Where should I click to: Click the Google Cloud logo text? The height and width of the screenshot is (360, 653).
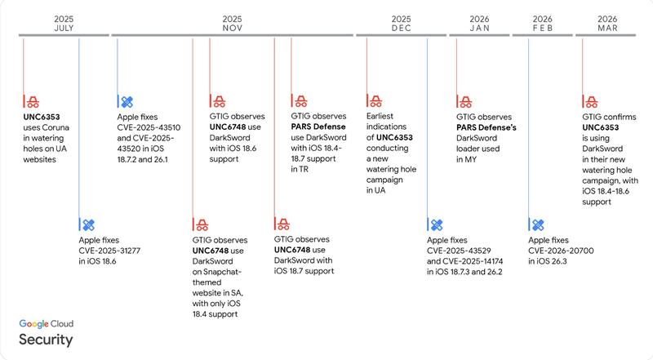pos(52,324)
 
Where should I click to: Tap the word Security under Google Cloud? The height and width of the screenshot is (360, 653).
pos(46,340)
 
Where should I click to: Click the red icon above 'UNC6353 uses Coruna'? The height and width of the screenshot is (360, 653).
pos(32,102)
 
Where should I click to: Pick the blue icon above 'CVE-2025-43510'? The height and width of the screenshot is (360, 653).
pos(127,102)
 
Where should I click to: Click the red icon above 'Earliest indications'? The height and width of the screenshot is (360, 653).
pos(375,102)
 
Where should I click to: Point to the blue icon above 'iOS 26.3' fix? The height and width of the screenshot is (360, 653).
pos(537,224)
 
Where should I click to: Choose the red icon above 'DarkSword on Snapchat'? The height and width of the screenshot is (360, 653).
pos(200,224)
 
